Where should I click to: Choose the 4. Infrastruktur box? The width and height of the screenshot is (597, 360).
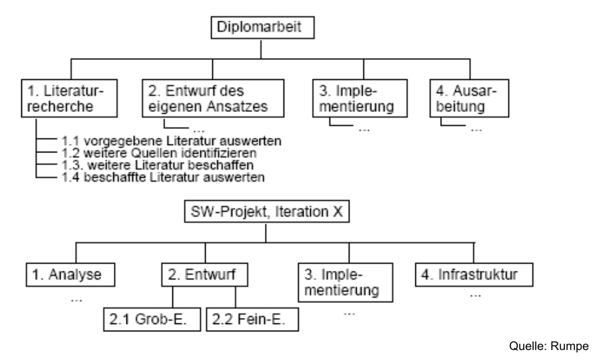475,273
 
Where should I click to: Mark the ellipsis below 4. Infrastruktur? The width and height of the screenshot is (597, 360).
475,293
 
